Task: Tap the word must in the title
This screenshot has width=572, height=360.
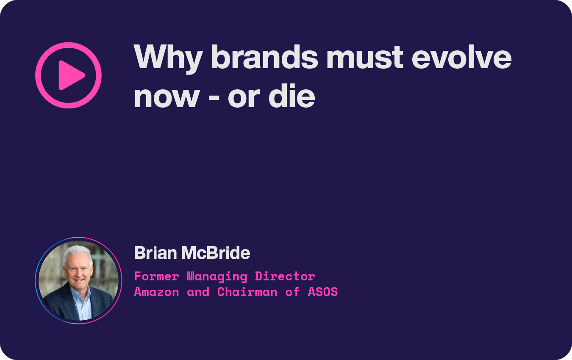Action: point(365,57)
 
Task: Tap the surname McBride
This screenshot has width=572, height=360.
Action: point(216,253)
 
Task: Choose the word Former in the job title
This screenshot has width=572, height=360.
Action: point(156,277)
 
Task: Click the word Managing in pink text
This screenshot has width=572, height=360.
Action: point(217,277)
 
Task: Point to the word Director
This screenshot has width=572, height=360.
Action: point(285,277)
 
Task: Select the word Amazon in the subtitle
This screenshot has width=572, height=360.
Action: point(156,292)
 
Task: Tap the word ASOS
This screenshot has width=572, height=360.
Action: point(323,292)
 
